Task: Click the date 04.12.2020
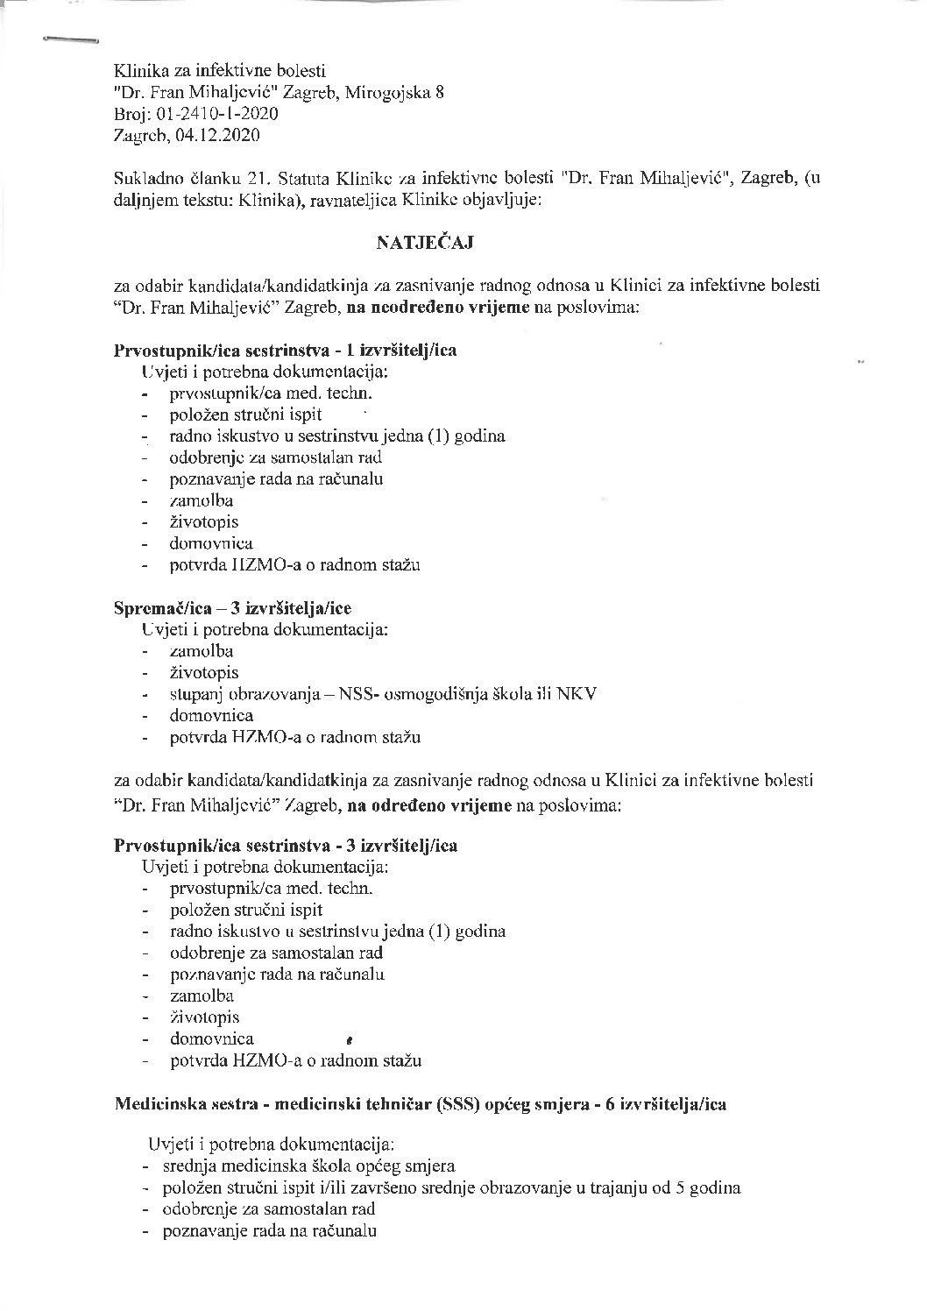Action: [218, 135]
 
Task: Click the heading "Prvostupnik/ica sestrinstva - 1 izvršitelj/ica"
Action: [286, 351]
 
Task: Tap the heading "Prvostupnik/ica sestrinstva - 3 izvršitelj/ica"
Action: [286, 847]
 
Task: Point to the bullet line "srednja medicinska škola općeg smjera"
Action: [308, 1166]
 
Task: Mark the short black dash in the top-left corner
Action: [70, 39]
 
